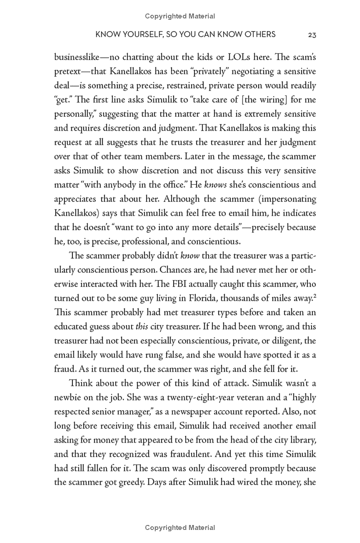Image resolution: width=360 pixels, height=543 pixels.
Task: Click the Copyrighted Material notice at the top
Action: point(180,16)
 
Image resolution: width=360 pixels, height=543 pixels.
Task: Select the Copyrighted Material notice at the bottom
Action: point(180,527)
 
